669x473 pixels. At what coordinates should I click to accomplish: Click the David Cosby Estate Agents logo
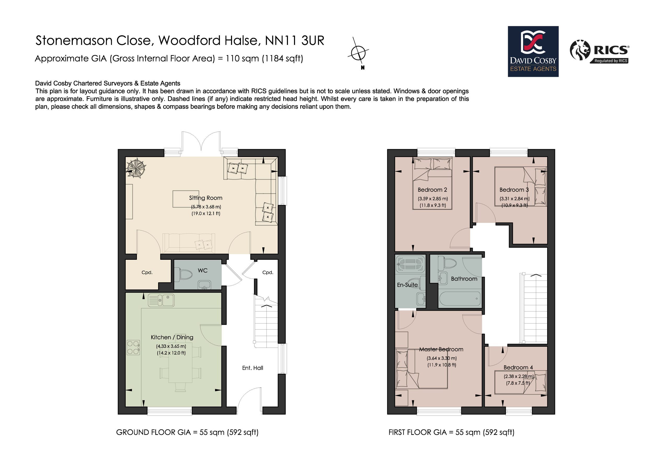(x=533, y=51)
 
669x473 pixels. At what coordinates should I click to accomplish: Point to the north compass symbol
(x=358, y=53)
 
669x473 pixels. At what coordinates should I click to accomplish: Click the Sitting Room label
(x=206, y=198)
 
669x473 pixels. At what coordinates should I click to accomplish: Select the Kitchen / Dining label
(x=172, y=337)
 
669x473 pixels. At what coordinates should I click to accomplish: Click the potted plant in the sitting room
(x=136, y=168)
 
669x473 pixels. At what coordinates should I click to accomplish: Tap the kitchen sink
(x=161, y=300)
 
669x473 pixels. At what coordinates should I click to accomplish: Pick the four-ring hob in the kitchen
(x=133, y=348)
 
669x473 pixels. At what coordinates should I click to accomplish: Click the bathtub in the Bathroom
(x=459, y=299)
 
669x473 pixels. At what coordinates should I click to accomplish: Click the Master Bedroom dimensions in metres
(x=441, y=358)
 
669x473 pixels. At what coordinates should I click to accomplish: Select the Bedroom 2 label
(x=432, y=190)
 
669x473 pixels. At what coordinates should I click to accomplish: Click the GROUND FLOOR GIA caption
(x=187, y=432)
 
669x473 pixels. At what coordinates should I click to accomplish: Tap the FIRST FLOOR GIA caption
(x=451, y=432)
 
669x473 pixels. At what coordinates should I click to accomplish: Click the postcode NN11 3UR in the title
(x=295, y=41)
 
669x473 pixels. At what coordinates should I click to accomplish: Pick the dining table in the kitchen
(x=180, y=365)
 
